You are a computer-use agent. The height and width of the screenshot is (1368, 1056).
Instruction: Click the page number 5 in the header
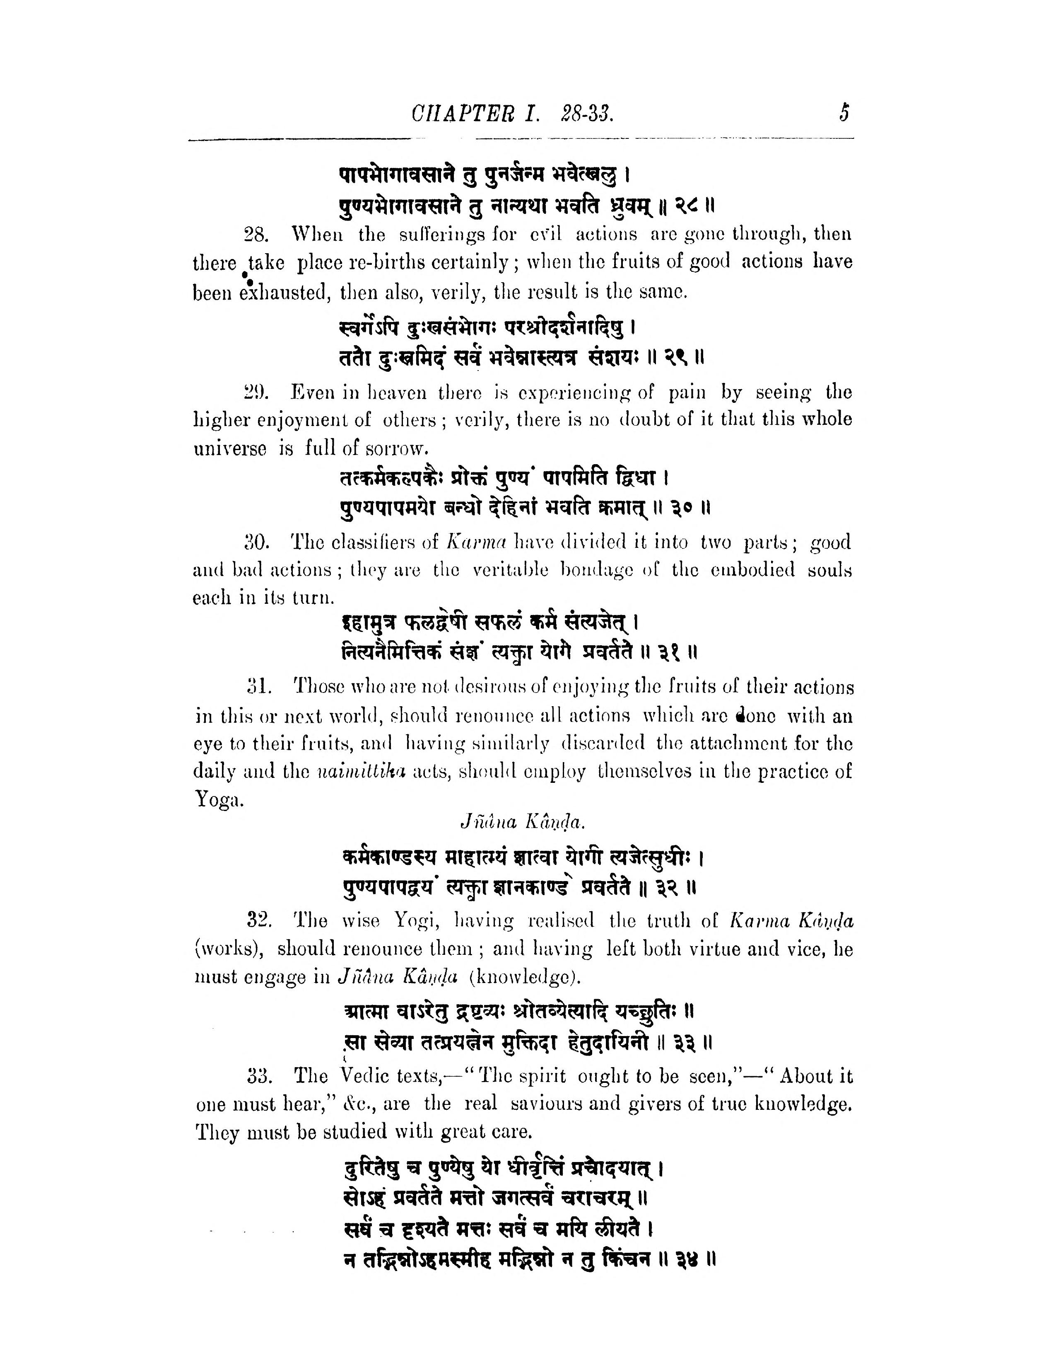(844, 114)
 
